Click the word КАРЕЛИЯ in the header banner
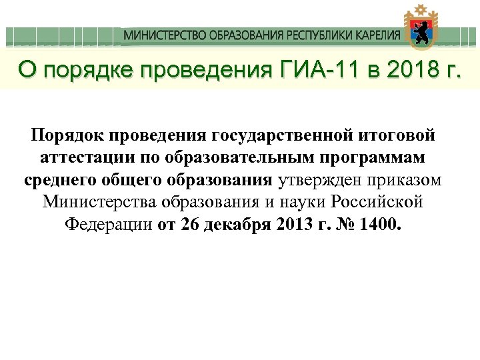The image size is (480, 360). click(376, 35)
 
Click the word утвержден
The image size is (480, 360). click(319, 180)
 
